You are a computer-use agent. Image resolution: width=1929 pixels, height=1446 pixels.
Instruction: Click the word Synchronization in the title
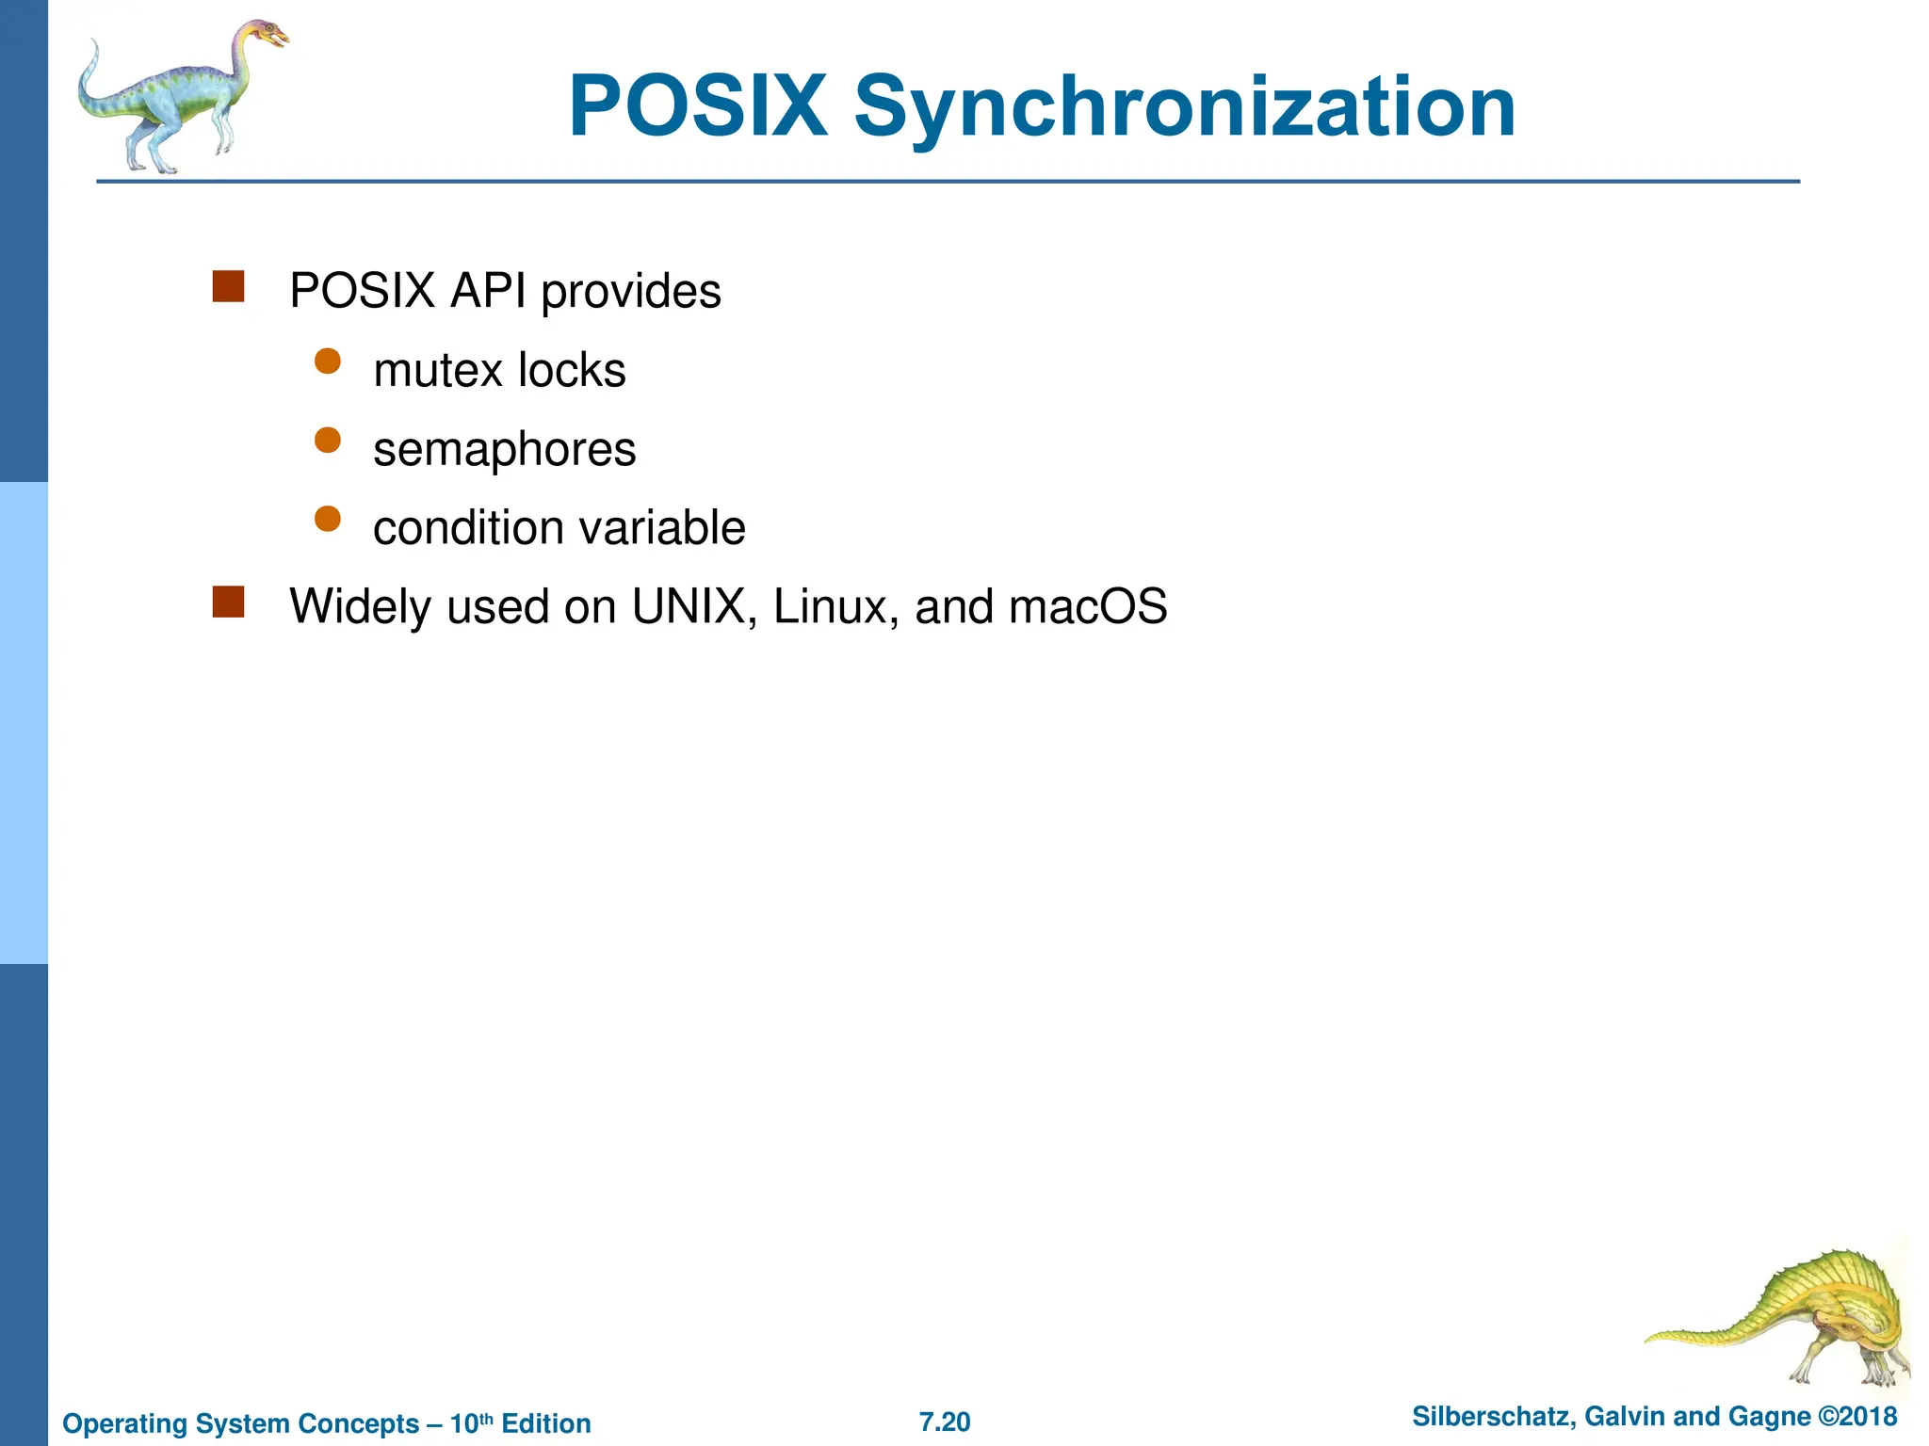click(x=1184, y=108)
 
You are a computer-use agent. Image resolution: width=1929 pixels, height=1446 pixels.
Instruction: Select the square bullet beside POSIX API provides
click(x=228, y=287)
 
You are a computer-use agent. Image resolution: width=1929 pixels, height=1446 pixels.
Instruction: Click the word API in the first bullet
click(x=487, y=291)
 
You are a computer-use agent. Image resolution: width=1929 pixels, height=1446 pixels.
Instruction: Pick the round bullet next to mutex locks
click(x=327, y=362)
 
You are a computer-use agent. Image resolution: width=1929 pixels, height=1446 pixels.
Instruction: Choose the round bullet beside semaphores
click(x=327, y=441)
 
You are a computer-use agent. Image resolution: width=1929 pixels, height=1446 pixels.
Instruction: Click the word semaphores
click(x=504, y=450)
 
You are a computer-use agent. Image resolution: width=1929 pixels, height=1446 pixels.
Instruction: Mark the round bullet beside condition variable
click(x=327, y=519)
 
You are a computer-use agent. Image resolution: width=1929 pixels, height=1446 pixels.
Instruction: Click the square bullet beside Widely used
click(x=228, y=602)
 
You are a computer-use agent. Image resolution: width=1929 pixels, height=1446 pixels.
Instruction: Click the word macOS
click(x=1088, y=606)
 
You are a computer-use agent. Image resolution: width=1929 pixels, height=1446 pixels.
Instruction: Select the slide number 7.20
click(x=944, y=1422)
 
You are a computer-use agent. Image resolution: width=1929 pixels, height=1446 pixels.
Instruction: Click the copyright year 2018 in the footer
click(x=1869, y=1417)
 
